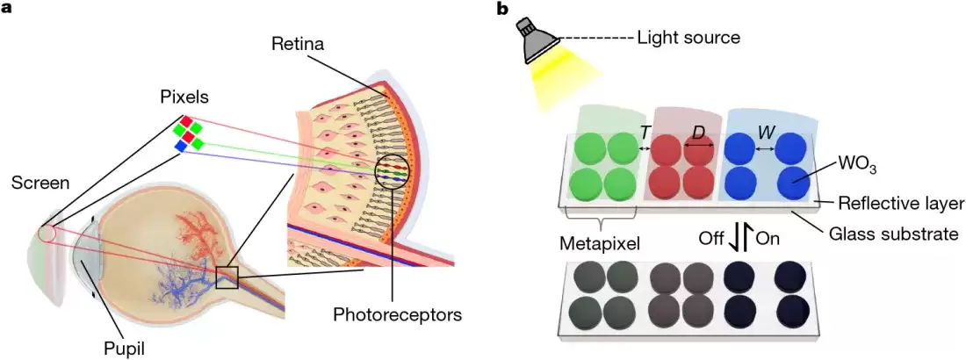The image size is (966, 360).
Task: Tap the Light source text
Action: [689, 38]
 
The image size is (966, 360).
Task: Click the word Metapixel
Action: [599, 240]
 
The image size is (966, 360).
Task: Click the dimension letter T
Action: [645, 133]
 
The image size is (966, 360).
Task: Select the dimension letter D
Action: [699, 133]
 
